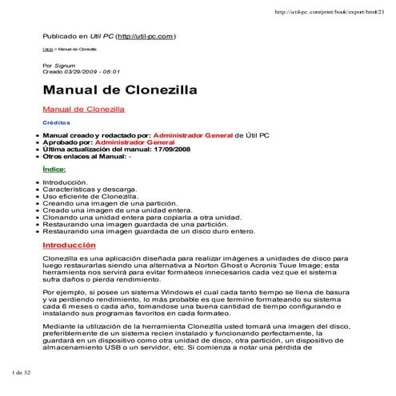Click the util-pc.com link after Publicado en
point(146,37)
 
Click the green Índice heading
point(54,170)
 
